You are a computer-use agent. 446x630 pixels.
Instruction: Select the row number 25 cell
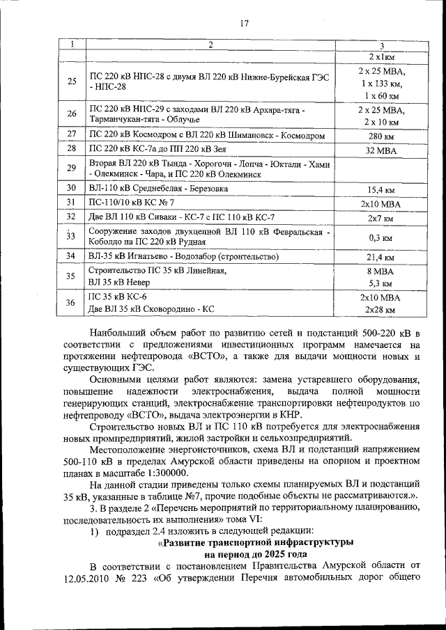point(71,81)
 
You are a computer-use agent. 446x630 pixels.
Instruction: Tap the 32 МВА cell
point(381,150)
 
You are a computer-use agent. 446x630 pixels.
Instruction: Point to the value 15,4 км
point(381,189)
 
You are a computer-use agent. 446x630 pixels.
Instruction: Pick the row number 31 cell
point(71,203)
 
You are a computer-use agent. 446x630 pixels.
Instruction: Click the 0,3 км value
point(381,237)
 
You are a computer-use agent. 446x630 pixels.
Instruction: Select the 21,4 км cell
point(381,257)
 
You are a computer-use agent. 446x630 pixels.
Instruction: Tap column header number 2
point(209,45)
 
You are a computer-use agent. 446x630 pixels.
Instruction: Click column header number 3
point(381,45)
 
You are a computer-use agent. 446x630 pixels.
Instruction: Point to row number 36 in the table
point(71,302)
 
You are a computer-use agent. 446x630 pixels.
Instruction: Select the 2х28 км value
point(381,309)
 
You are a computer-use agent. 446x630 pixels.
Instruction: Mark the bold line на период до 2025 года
point(256,554)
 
